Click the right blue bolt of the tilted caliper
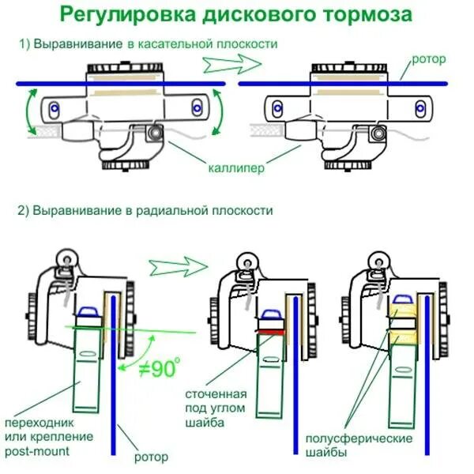coord(197,104)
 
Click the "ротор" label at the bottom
coord(149,456)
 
